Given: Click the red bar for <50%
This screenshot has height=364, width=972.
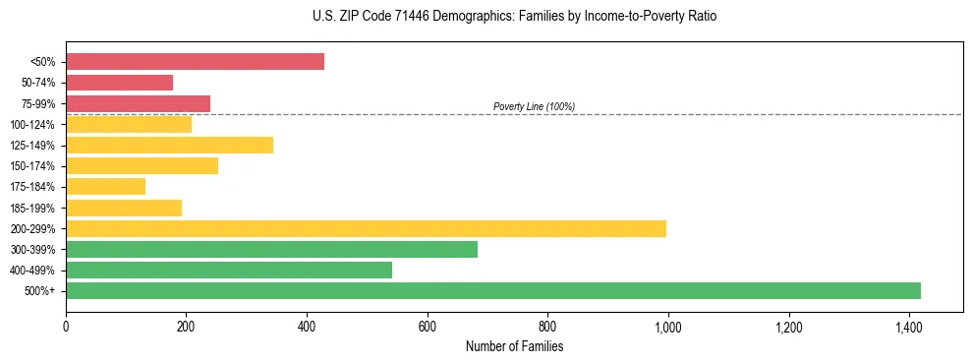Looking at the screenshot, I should point(195,61).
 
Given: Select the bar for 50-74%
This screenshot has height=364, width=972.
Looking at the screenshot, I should point(119,83).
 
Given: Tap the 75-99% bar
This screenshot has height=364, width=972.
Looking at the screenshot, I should point(138,103).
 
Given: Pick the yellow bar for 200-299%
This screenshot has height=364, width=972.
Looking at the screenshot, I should point(366,228).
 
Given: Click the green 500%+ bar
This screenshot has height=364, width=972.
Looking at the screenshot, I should point(492,290).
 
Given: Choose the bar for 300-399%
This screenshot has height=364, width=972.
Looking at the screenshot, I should point(271,249).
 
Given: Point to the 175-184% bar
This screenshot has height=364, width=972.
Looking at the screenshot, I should point(105,186).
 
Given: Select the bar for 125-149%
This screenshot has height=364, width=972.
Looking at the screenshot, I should point(169,145).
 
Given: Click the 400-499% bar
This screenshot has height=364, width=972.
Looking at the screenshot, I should point(229,270).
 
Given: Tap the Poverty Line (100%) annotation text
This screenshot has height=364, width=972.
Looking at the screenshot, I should point(534,106).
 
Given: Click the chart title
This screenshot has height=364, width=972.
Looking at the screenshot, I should point(486,17).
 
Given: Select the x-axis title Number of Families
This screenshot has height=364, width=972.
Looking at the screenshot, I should point(514,346).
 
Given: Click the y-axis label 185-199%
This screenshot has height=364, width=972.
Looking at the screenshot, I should point(32,208).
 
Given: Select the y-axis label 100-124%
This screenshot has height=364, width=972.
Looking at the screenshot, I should point(32,124).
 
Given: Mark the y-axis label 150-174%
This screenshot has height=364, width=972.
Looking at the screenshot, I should point(32,166).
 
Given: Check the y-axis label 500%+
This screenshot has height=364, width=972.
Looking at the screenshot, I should point(39,291).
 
